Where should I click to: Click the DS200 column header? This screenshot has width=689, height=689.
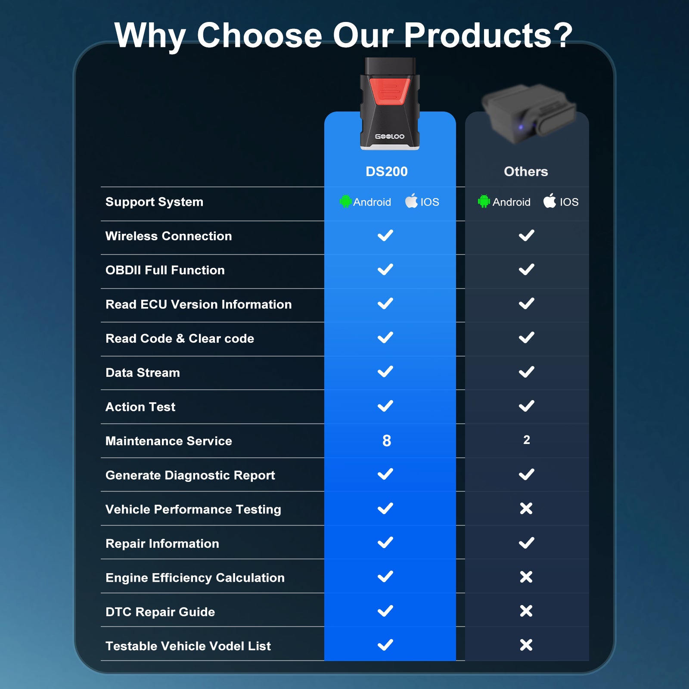pyautogui.click(x=386, y=171)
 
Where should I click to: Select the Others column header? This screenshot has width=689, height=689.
pyautogui.click(x=526, y=171)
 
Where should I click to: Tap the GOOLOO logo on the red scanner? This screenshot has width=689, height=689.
pyautogui.click(x=390, y=137)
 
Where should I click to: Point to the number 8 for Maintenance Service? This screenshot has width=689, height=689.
pyautogui.click(x=387, y=441)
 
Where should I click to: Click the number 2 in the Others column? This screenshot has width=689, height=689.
pyautogui.click(x=527, y=440)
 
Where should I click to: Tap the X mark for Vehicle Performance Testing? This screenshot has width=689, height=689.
pyautogui.click(x=526, y=509)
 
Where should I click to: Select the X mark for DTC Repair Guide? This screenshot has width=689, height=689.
pyautogui.click(x=526, y=611)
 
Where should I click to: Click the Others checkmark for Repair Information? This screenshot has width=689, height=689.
pyautogui.click(x=527, y=543)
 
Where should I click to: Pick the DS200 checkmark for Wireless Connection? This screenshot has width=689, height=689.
pyautogui.click(x=385, y=236)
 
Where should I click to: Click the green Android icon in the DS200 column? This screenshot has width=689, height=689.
pyautogui.click(x=345, y=201)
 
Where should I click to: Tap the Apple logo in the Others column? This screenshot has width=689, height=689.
pyautogui.click(x=549, y=201)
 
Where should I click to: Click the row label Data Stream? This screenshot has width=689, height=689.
pyautogui.click(x=143, y=372)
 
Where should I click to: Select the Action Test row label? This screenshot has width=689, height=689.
pyautogui.click(x=140, y=407)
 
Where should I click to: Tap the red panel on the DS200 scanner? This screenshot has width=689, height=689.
pyautogui.click(x=390, y=90)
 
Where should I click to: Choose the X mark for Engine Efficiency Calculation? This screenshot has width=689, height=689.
pyautogui.click(x=526, y=577)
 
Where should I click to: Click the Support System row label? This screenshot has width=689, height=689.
pyautogui.click(x=154, y=202)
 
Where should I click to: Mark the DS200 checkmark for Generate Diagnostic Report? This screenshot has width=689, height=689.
pyautogui.click(x=385, y=474)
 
